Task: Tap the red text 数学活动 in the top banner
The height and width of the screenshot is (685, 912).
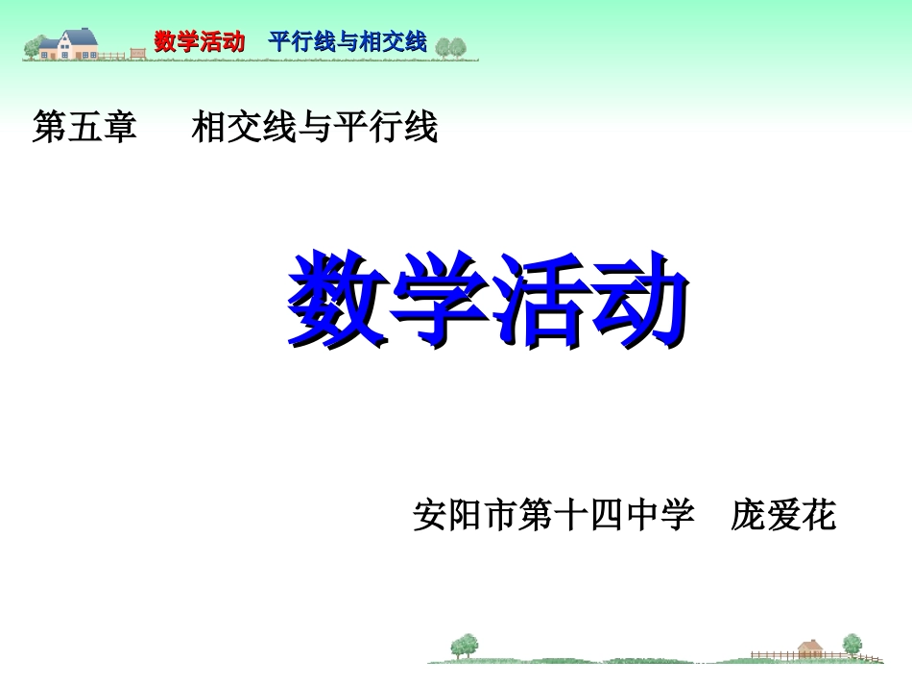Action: (x=200, y=41)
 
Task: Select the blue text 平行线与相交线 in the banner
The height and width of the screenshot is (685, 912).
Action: (x=348, y=41)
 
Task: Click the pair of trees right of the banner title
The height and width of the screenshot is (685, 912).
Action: (x=451, y=45)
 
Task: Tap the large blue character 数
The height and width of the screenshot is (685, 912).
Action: (x=338, y=299)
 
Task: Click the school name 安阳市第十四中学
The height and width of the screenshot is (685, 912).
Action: (x=553, y=516)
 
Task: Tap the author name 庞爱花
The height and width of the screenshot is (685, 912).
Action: (x=783, y=516)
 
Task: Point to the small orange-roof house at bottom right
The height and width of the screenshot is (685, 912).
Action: (x=811, y=648)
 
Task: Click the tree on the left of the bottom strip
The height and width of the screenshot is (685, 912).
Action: (x=466, y=645)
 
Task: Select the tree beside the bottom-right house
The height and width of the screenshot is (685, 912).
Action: (x=852, y=645)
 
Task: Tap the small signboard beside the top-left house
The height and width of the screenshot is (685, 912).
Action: (x=136, y=54)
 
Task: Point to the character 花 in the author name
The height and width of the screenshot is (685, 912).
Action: (x=819, y=516)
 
